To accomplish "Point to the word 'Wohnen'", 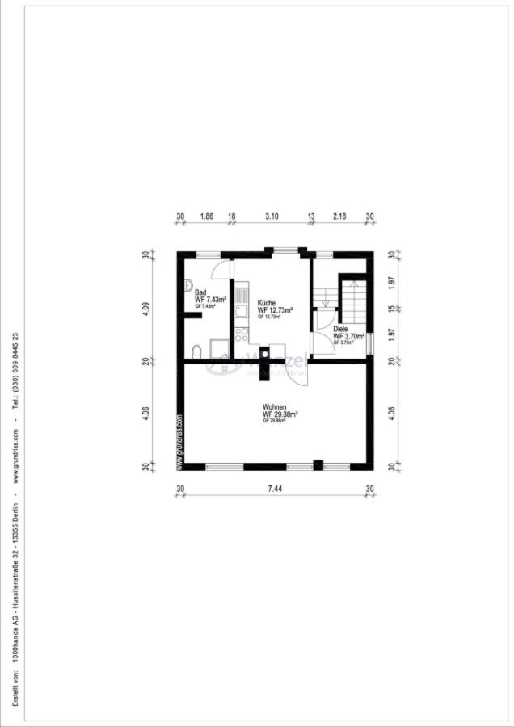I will coord(274,406).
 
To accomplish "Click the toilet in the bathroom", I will coord(197,350).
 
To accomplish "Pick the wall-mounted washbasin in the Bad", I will coord(187,284).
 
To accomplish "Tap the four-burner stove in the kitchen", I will coord(241,333).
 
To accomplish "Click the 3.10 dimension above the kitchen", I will coord(272,216).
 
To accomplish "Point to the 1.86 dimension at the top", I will coord(206,216).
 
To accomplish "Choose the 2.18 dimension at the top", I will coord(340,216).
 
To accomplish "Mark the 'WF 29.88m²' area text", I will coord(280,414).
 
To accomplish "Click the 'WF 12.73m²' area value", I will coord(275,309).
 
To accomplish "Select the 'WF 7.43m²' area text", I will coord(210,300).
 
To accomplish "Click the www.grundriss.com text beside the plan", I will coord(179,443).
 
